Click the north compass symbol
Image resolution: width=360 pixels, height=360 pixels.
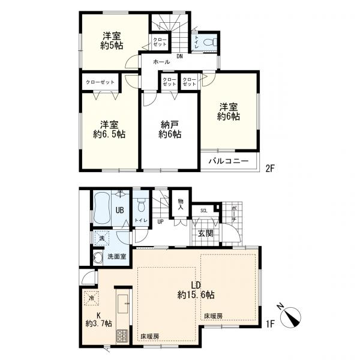coord(290,317)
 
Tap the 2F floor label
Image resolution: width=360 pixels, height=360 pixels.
coord(270,169)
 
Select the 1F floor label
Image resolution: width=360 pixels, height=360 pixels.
coord(270,324)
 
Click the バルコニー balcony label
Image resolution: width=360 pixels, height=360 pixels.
coord(229,161)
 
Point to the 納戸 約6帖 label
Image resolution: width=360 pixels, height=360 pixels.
coord(170,130)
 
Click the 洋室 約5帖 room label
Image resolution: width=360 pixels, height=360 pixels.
coord(112,41)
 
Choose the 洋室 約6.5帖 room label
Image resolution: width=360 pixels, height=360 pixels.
coord(109,130)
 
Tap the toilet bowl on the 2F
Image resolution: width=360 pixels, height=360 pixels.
coord(211,42)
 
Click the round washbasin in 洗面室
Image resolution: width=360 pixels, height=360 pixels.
coord(98,259)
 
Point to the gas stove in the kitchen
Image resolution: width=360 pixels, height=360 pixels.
coord(122,336)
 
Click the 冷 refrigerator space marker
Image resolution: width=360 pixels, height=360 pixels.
coord(91,298)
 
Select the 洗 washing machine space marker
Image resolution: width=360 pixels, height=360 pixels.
coord(101,238)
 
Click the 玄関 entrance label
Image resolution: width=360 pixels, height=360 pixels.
coord(206,233)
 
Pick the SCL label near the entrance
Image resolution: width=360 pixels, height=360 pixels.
coord(203,211)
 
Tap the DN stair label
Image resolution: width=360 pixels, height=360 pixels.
coord(179,56)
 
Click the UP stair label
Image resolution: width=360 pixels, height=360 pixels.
coord(160,222)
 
